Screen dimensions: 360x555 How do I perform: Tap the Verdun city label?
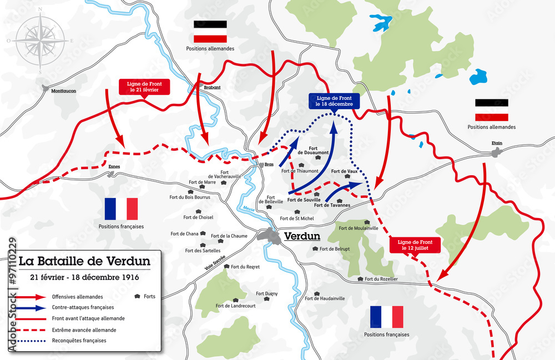pyautogui.click(x=302, y=236)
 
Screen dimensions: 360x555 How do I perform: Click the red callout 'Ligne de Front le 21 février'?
pyautogui.click(x=143, y=86)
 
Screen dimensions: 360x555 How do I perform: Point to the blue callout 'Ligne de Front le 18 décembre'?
pyautogui.click(x=335, y=101)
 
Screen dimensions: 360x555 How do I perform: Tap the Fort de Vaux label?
pyautogui.click(x=344, y=172)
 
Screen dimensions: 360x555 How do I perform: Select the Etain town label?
pyautogui.click(x=497, y=143)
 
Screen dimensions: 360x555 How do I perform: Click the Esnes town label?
pyautogui.click(x=114, y=166)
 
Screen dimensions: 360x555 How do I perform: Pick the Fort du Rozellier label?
pyautogui.click(x=382, y=278)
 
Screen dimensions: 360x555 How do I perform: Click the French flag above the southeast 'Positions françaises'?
pyautogui.click(x=387, y=317)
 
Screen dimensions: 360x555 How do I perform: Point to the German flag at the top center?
pyautogui.click(x=210, y=32)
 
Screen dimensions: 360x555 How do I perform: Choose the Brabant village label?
pyautogui.click(x=213, y=87)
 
